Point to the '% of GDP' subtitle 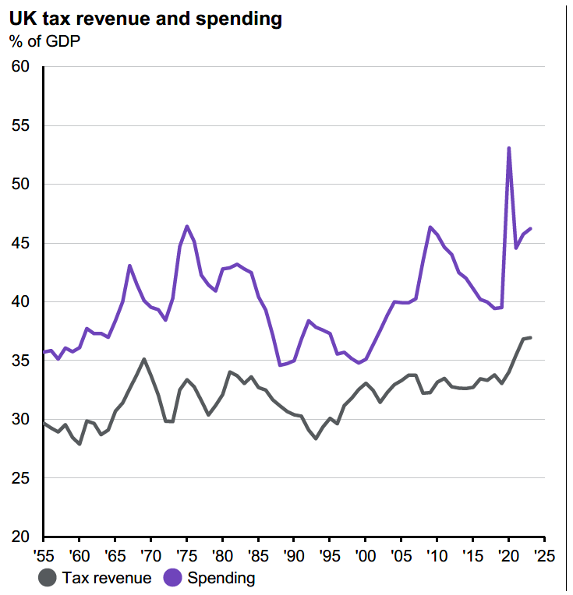click(x=45, y=40)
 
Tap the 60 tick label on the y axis click(x=20, y=67)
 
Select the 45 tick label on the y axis click(x=20, y=243)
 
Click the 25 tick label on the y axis click(x=20, y=478)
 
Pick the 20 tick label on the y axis click(x=20, y=537)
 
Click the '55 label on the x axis click(x=43, y=557)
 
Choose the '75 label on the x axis click(x=186, y=557)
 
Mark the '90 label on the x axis click(x=293, y=557)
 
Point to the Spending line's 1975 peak click(x=187, y=226)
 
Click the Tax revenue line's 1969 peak click(x=144, y=359)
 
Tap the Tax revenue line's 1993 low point click(x=316, y=438)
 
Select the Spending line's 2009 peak click(x=430, y=227)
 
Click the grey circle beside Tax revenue click(x=48, y=578)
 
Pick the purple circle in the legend click(x=173, y=578)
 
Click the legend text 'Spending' click(x=221, y=578)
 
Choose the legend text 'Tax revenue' click(x=107, y=578)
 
